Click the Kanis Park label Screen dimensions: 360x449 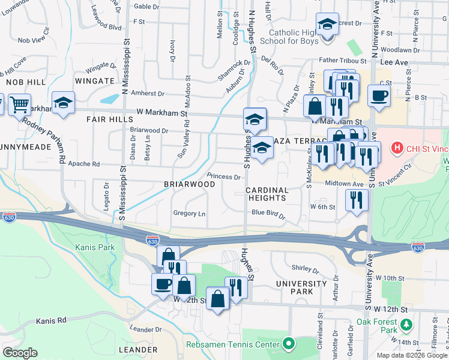(x=91, y=247)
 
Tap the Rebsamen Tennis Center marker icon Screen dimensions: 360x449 (x=289, y=344)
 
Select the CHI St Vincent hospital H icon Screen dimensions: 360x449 (x=397, y=147)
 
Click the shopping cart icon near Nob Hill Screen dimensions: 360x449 (x=19, y=104)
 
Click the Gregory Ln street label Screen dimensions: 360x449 (x=189, y=214)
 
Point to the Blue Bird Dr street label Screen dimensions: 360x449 (x=268, y=212)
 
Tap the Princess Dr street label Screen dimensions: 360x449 (x=223, y=177)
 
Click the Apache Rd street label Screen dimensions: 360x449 (x=83, y=164)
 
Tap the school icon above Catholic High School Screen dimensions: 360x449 (x=327, y=25)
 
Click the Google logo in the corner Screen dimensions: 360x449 (x=20, y=353)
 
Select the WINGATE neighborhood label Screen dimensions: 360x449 (x=95, y=80)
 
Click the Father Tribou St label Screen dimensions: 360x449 (x=342, y=61)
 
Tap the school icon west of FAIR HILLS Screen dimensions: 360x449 (x=63, y=103)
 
